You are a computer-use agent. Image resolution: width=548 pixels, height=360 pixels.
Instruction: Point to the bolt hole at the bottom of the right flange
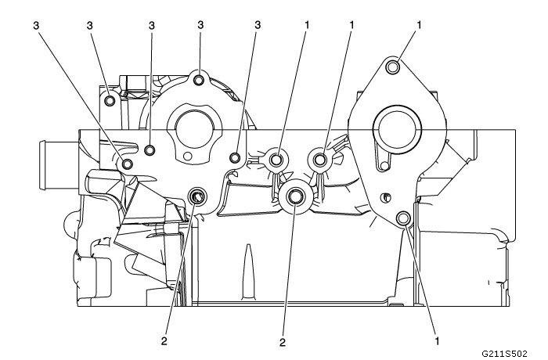click(x=404, y=218)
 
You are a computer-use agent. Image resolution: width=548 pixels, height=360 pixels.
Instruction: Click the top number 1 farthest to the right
click(x=420, y=25)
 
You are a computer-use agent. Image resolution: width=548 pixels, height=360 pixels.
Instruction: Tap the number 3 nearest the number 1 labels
click(x=257, y=25)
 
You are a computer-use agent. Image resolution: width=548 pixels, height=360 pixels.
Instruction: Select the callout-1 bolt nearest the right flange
click(x=320, y=160)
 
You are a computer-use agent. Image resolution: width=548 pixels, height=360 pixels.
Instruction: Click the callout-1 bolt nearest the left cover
click(x=276, y=160)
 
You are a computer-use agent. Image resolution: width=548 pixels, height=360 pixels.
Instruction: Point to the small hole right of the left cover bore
click(x=234, y=159)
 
